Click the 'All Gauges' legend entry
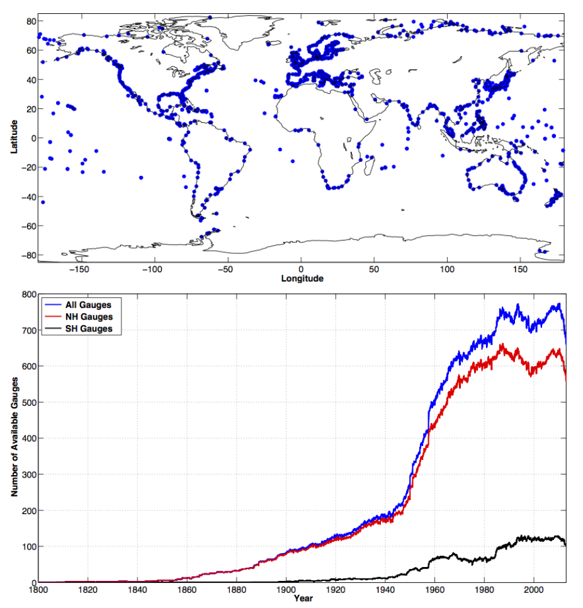(x=88, y=305)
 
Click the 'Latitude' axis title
(x=13, y=139)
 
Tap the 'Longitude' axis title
(x=302, y=278)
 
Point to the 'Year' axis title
(x=303, y=599)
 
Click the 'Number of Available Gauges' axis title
(x=13, y=438)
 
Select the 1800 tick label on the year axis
(x=38, y=590)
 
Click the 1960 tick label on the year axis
(x=435, y=590)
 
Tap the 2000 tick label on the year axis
(x=534, y=590)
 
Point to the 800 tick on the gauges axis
(x=28, y=294)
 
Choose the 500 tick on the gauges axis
(x=28, y=402)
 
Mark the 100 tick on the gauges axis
(x=28, y=546)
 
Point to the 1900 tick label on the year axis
(x=286, y=590)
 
